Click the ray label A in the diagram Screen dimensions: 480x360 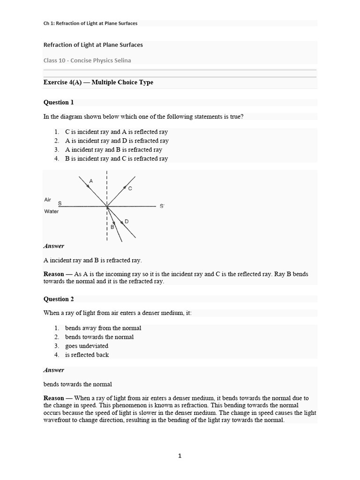91,180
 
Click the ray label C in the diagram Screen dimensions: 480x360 130,188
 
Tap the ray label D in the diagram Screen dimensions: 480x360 127,221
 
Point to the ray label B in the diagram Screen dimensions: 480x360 112,227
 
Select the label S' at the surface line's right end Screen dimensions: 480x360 162,206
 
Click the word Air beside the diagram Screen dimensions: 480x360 47,199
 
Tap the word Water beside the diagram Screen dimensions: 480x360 51,211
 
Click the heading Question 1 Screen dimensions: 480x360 59,102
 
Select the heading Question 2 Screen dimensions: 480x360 59,299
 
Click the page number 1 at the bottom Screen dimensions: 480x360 180,456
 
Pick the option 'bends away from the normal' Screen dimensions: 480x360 103,328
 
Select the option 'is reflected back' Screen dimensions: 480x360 87,355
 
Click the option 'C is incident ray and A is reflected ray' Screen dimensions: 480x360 116,132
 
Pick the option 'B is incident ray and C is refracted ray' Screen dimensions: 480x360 116,158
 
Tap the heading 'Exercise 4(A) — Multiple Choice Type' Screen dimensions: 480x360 98,82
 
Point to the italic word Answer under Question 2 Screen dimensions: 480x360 54,370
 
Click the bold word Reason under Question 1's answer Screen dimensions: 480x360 54,274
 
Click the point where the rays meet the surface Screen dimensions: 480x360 107,206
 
